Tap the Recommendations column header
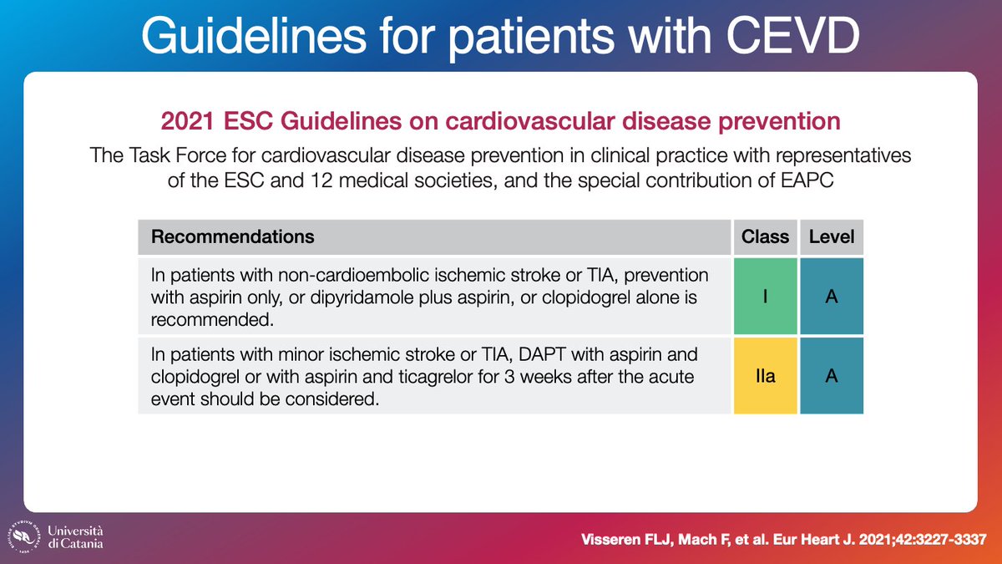click(232, 236)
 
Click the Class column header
click(765, 236)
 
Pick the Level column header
click(831, 236)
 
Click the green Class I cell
click(765, 297)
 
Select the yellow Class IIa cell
click(765, 376)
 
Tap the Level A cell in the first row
click(831, 297)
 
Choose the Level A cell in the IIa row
click(831, 376)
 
